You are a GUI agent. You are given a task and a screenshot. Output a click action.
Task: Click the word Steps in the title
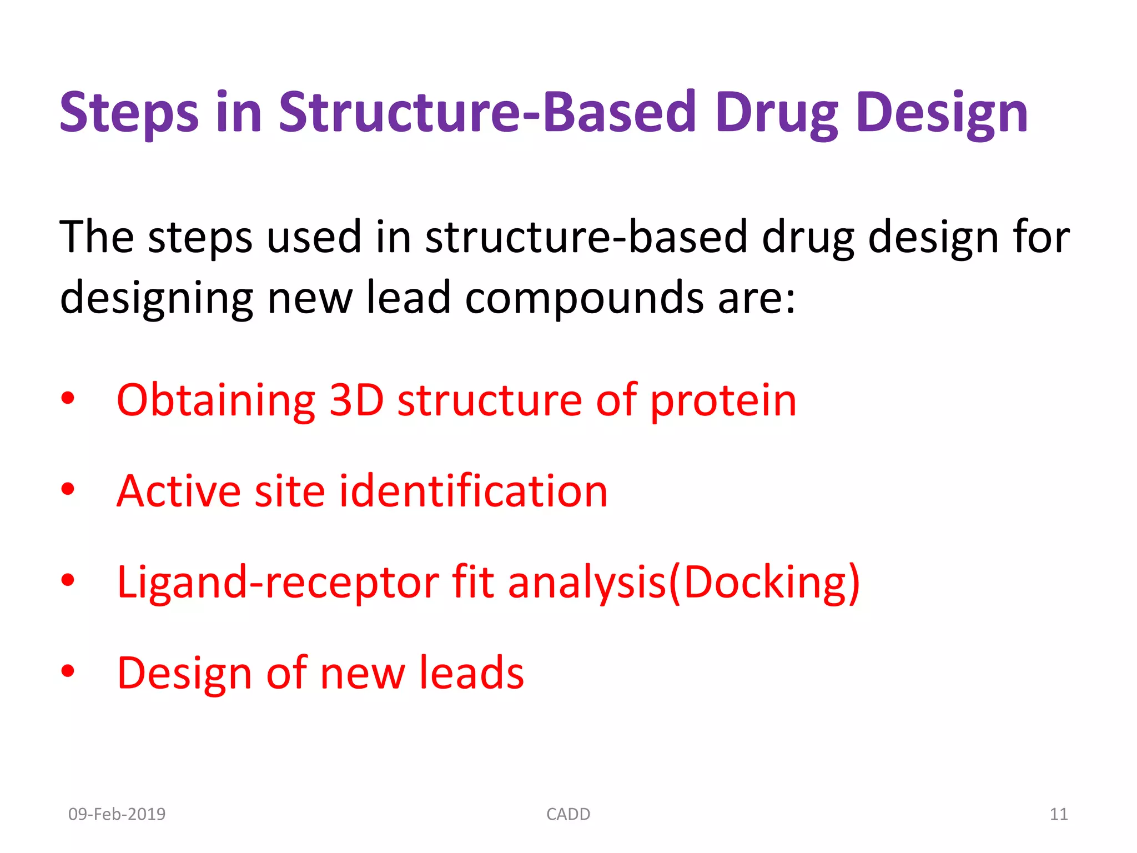pos(129,113)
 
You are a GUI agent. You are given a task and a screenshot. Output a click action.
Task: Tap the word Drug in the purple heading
pos(776,113)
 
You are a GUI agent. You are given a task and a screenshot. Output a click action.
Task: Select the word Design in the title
pos(942,113)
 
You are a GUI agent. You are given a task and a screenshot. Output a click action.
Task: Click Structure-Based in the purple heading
pos(487,113)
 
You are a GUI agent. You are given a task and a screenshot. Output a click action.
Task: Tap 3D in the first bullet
pos(356,401)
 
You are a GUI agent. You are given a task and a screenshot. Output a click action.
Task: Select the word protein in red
pos(723,401)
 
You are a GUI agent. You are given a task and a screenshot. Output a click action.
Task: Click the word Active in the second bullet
pos(178,491)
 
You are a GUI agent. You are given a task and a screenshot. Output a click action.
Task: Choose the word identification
pos(473,491)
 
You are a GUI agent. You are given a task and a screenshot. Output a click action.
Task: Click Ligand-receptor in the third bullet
pos(278,583)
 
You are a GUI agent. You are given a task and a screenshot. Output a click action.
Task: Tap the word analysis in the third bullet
pos(587,583)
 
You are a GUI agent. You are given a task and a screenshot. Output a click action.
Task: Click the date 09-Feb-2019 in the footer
pos(117,814)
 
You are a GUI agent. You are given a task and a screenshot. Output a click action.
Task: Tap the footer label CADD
pos(568,814)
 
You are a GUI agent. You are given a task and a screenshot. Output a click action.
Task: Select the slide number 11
pos(1058,814)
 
